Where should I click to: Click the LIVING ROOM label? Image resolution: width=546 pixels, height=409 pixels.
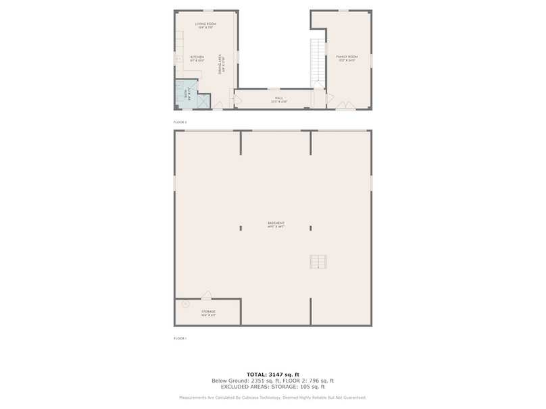click(205, 26)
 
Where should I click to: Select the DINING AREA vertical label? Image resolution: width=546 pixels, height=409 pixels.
click(221, 65)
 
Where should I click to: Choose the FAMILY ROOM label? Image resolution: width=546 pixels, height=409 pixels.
click(347, 58)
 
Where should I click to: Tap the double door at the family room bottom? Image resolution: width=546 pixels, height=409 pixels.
click(345, 105)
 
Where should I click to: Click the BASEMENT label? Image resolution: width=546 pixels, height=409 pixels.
click(275, 225)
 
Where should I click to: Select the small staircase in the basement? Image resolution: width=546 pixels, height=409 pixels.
click(318, 262)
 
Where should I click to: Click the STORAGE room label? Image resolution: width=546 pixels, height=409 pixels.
click(208, 312)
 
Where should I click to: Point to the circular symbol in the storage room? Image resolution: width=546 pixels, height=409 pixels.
click(185, 305)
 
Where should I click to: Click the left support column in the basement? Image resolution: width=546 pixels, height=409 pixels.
click(241, 228)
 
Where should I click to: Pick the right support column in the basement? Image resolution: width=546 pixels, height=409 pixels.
click(311, 228)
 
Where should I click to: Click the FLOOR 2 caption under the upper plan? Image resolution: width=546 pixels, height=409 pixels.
click(180, 121)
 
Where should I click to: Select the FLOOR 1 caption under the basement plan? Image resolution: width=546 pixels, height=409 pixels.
click(180, 337)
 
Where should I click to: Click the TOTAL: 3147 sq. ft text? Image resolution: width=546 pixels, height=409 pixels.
click(273, 373)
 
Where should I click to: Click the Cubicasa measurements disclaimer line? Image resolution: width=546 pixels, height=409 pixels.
click(273, 398)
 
